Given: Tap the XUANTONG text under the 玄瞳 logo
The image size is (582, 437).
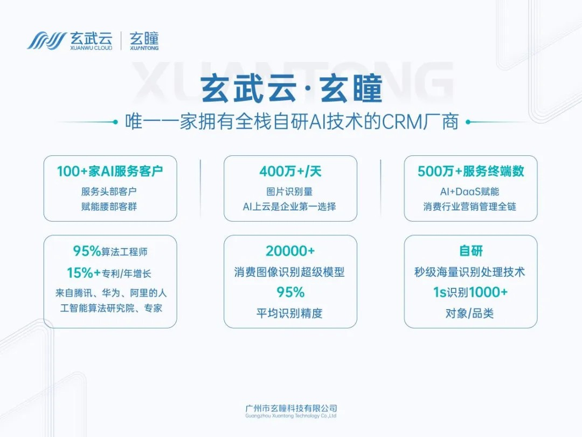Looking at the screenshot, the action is click(x=144, y=48).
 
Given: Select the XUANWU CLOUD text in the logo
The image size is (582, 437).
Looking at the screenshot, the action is click(x=91, y=48).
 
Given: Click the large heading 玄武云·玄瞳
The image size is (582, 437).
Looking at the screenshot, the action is click(x=291, y=89).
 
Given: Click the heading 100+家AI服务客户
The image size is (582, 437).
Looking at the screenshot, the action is click(x=110, y=172).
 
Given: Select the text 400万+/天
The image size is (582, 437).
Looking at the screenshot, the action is click(x=290, y=172).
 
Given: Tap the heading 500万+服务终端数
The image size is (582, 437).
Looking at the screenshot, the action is click(x=470, y=172).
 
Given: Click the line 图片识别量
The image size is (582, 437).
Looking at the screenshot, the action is click(x=289, y=192).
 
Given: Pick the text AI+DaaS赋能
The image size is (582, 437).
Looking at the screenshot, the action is click(x=469, y=192).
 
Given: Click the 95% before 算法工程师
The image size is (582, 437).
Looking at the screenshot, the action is click(x=87, y=251).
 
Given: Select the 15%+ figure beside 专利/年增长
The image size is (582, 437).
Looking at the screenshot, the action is click(x=84, y=273).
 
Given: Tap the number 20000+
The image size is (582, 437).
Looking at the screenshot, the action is click(x=290, y=251).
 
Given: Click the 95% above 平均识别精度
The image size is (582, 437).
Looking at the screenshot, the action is click(x=290, y=292).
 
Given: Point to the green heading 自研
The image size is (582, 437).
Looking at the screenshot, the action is click(x=470, y=251).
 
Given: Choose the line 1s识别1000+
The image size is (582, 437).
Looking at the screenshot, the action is click(x=470, y=292).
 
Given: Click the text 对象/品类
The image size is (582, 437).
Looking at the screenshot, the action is click(x=469, y=313).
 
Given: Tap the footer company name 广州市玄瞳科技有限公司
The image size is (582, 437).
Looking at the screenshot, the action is click(x=291, y=408).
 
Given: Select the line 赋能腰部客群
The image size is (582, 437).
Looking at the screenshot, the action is click(x=109, y=207).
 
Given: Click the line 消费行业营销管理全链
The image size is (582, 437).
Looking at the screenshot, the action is click(x=469, y=207).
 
